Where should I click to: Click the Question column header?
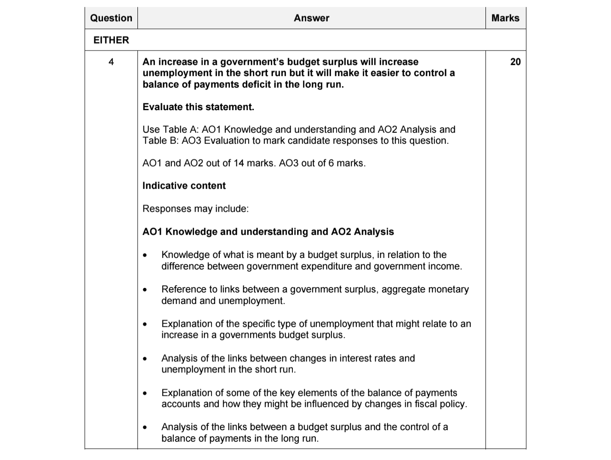click(111, 18)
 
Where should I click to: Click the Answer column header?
click(311, 18)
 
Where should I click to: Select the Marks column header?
click(505, 18)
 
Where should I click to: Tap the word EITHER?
click(111, 40)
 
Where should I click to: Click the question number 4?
click(111, 62)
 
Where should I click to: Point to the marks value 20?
click(515, 62)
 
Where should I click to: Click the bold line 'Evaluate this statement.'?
click(198, 107)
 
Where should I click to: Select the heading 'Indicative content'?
click(184, 186)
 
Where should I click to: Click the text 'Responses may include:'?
click(195, 209)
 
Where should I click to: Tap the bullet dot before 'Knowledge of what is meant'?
click(146, 255)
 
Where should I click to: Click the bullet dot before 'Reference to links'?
click(146, 290)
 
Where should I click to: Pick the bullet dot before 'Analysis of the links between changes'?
click(146, 359)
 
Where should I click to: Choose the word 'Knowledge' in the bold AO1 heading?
click(190, 232)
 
